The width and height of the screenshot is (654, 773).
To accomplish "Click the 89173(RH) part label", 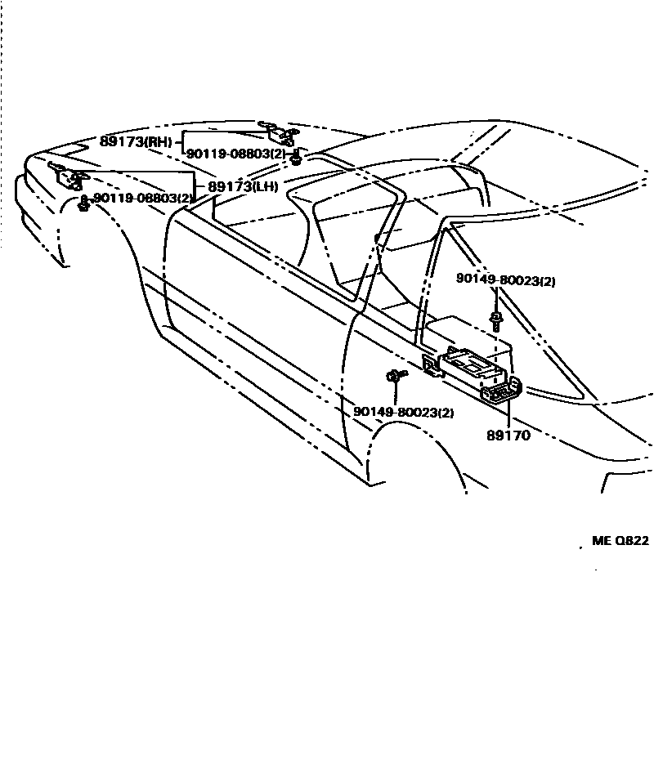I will (x=136, y=141).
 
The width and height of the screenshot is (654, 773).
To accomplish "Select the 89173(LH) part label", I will (x=243, y=187).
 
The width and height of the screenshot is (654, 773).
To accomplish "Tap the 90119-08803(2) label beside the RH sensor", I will (x=236, y=154).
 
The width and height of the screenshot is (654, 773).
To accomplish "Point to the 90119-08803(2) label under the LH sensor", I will (x=144, y=199).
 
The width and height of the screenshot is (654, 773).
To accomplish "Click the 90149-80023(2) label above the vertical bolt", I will (x=506, y=280).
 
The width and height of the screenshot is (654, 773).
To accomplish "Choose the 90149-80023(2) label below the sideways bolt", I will (x=404, y=413).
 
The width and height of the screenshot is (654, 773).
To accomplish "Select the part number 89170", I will (x=508, y=436).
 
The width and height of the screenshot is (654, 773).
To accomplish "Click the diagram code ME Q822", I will (x=620, y=541).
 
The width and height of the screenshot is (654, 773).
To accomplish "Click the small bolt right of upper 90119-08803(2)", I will (x=297, y=156).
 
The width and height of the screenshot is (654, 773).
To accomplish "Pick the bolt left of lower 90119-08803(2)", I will (x=83, y=203).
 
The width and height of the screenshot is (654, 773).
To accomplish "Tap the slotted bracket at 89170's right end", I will (x=502, y=391).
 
